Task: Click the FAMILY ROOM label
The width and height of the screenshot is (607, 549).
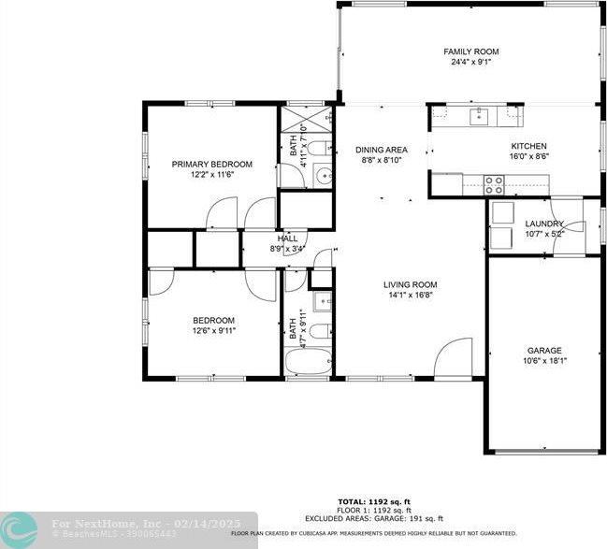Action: (470, 51)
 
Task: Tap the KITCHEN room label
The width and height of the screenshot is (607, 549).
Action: (528, 146)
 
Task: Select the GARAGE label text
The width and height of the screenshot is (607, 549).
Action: (543, 351)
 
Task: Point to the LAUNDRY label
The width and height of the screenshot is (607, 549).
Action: (544, 224)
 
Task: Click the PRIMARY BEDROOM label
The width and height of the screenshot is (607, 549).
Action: (211, 164)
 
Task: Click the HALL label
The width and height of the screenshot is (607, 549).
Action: (287, 238)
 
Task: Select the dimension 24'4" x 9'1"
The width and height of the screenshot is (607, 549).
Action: (470, 64)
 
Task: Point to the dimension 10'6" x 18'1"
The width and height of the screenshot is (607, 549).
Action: (543, 362)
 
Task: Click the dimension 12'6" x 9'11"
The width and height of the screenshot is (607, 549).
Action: (214, 330)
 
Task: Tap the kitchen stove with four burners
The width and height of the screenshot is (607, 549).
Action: (494, 184)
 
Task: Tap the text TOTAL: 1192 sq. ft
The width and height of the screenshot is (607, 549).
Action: (372, 501)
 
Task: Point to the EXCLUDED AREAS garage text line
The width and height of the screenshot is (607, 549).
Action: (372, 518)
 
